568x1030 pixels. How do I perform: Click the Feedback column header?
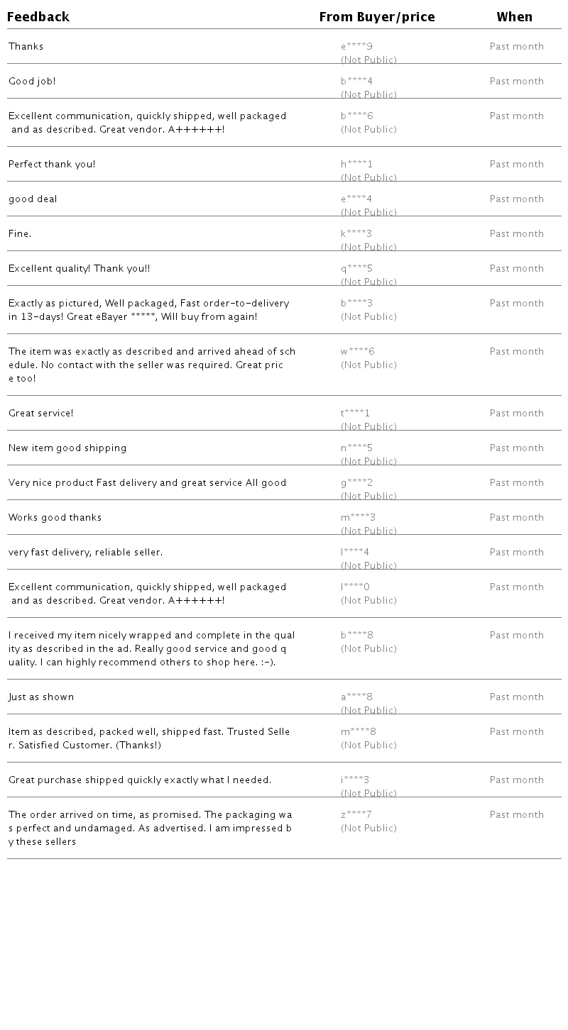[38, 17]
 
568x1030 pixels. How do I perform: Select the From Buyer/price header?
[377, 17]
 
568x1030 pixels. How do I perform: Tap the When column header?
[514, 17]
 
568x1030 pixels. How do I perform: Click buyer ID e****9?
[356, 47]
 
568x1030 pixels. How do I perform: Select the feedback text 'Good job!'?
[32, 82]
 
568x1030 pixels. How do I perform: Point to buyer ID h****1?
[356, 165]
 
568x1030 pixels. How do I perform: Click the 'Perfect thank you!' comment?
[52, 165]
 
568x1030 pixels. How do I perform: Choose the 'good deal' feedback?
[33, 199]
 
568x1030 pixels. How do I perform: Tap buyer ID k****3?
[356, 234]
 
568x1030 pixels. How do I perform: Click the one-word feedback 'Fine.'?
[20, 234]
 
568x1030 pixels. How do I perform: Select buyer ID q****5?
[356, 269]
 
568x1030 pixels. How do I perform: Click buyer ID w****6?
[357, 352]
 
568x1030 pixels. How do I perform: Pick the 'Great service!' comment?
[40, 414]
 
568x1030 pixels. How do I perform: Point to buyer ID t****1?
[355, 414]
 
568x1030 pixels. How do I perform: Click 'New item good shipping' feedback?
[67, 448]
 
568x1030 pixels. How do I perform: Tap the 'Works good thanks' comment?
[55, 518]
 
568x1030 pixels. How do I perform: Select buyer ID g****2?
[356, 483]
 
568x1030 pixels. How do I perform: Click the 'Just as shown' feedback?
[41, 697]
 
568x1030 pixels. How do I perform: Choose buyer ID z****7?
[356, 815]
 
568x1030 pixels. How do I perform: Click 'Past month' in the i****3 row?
[516, 780]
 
